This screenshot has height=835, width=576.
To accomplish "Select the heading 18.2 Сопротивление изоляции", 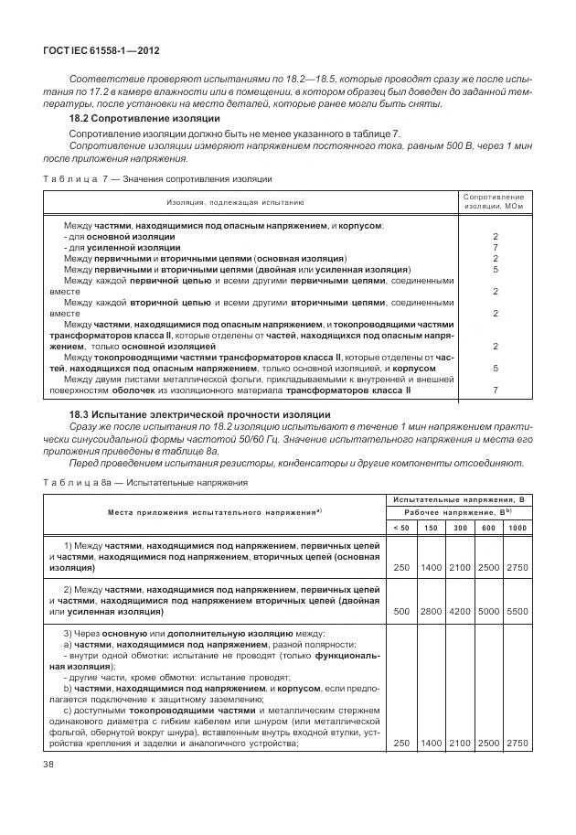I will coord(144,119).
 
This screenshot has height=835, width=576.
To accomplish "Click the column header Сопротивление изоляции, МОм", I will coord(494,201).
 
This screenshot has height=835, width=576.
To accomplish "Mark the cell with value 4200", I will coord(459,611).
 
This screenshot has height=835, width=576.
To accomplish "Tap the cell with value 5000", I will coord(487,611).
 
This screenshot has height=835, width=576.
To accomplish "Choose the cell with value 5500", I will coord(517,611).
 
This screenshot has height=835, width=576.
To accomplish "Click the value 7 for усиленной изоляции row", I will coord(494,248).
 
